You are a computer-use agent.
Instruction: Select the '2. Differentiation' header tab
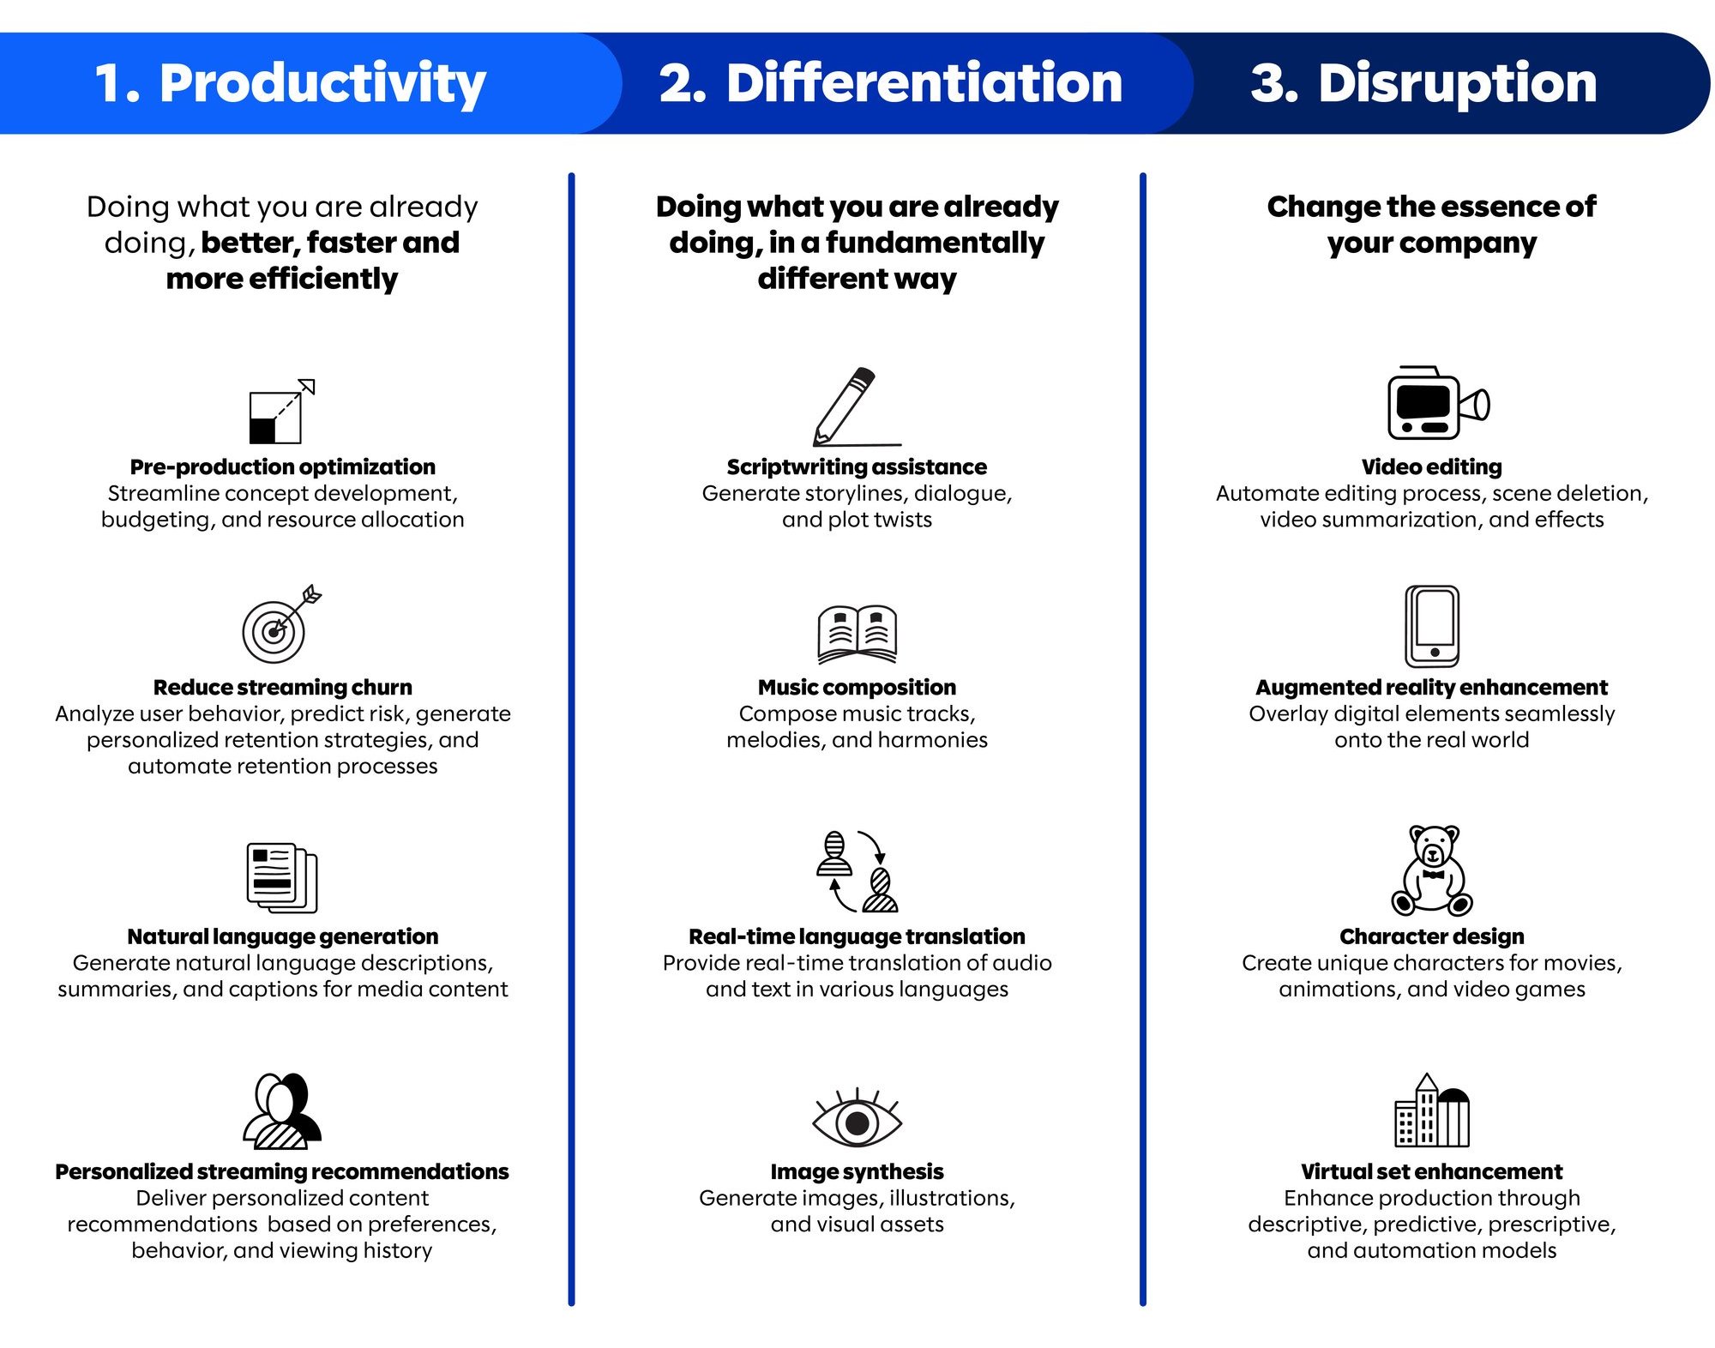[x=892, y=83]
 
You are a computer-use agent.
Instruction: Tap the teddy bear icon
[x=1432, y=870]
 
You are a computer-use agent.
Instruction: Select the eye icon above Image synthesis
[x=857, y=1118]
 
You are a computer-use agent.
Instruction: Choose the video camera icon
[x=1438, y=403]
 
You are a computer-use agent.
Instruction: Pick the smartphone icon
[x=1432, y=626]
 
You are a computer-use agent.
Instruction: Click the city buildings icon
[x=1432, y=1110]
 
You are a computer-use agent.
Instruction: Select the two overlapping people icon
[x=282, y=1110]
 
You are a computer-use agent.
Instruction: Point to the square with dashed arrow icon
[x=282, y=411]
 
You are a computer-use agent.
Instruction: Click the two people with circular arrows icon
[x=857, y=870]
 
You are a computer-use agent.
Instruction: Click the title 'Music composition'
[x=857, y=687]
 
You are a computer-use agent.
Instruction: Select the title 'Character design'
[x=1432, y=936]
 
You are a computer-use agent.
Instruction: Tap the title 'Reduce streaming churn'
[x=282, y=687]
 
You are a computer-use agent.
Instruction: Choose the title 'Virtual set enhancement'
[x=1432, y=1171]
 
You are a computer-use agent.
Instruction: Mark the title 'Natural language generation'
[x=282, y=936]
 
